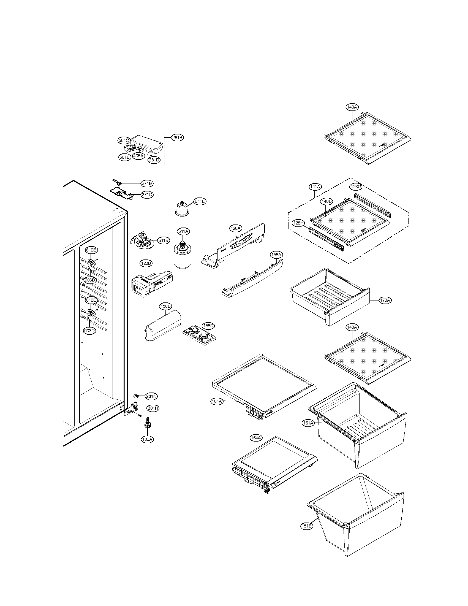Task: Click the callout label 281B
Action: click(177, 137)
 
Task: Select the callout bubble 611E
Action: click(200, 201)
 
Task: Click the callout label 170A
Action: click(386, 300)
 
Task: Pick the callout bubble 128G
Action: click(355, 187)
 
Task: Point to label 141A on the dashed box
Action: click(315, 187)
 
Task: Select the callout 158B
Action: click(165, 306)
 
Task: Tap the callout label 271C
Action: click(147, 194)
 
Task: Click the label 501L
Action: click(124, 157)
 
